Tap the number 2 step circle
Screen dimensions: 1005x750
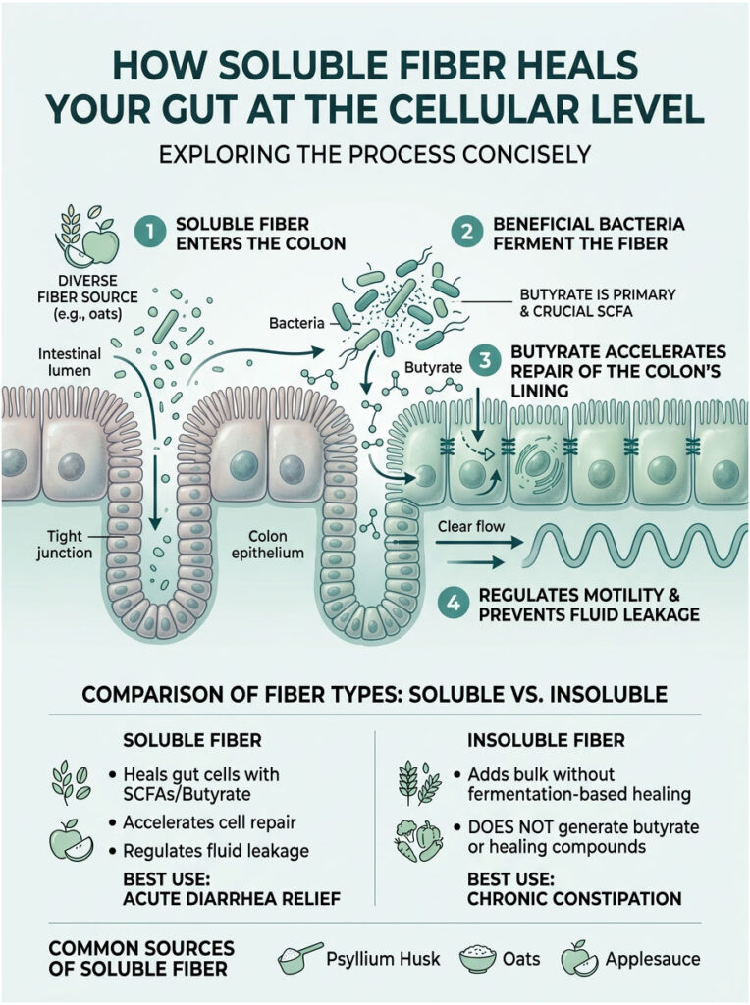463,234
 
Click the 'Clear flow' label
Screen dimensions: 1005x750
473,528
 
